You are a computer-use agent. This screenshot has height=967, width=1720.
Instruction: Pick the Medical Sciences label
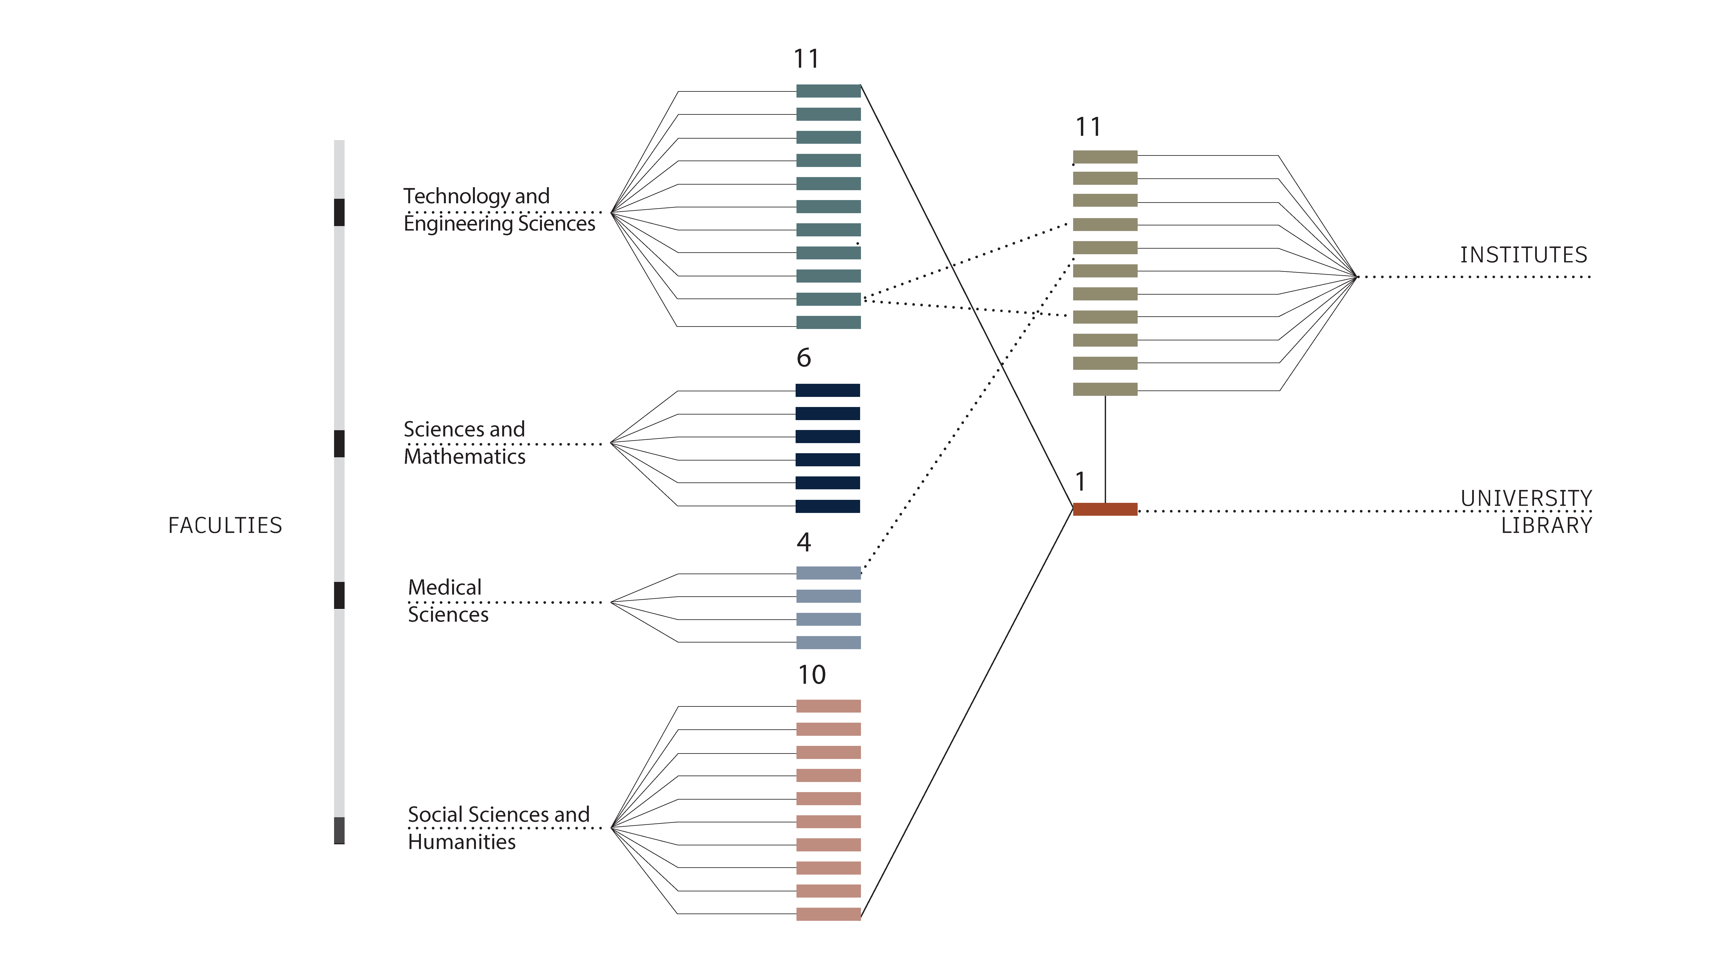pyautogui.click(x=448, y=601)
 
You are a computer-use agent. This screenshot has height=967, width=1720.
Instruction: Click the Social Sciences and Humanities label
pyautogui.click(x=499, y=828)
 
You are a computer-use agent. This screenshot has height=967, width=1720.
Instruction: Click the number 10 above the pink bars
pyautogui.click(x=812, y=675)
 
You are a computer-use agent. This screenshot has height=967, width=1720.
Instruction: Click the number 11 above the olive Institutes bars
pyautogui.click(x=1088, y=127)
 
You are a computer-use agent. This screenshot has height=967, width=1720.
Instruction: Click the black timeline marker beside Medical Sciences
pyautogui.click(x=339, y=595)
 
